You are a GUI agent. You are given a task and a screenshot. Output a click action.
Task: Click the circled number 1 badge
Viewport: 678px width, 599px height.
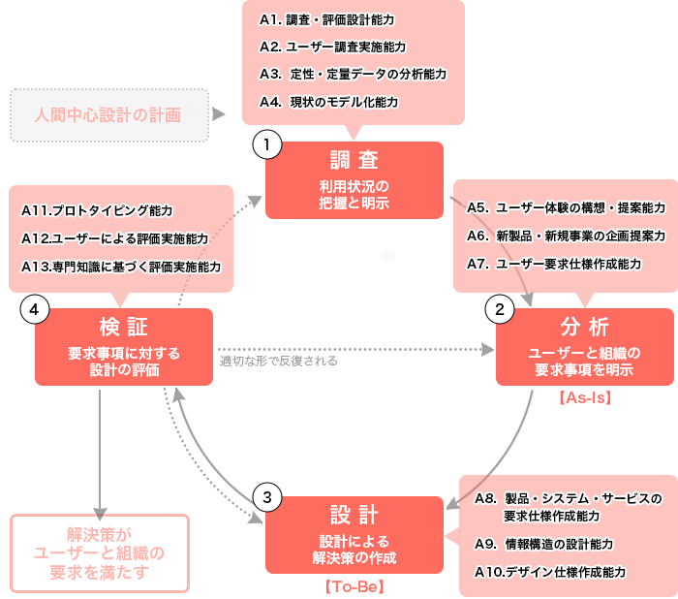point(266,145)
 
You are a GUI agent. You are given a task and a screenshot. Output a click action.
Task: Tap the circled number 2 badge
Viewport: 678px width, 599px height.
point(500,310)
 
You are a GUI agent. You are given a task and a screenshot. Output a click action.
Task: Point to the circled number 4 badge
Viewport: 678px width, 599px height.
point(35,309)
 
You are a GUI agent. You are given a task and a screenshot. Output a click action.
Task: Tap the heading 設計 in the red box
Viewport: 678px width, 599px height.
point(354,515)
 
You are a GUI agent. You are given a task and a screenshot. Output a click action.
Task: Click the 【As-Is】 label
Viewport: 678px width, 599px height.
point(585,397)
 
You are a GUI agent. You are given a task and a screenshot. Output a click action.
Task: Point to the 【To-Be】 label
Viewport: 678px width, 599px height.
point(354,585)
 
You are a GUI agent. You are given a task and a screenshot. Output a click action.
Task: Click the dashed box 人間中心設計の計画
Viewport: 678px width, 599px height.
point(108,114)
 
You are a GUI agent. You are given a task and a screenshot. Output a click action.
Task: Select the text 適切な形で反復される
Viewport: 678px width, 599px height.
point(279,361)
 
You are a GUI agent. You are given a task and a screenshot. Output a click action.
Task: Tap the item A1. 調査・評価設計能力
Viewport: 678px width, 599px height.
point(326,19)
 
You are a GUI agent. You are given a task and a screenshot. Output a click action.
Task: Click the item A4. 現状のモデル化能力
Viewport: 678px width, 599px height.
point(328,102)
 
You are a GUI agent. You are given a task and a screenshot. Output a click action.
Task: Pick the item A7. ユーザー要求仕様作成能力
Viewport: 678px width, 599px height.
point(553,263)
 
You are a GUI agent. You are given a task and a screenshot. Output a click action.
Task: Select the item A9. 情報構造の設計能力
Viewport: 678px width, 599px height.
point(557,544)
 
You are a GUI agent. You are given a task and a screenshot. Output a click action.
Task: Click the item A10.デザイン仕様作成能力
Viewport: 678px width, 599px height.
point(550,572)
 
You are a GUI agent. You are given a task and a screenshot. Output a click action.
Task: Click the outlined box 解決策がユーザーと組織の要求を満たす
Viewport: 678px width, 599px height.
point(100,552)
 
